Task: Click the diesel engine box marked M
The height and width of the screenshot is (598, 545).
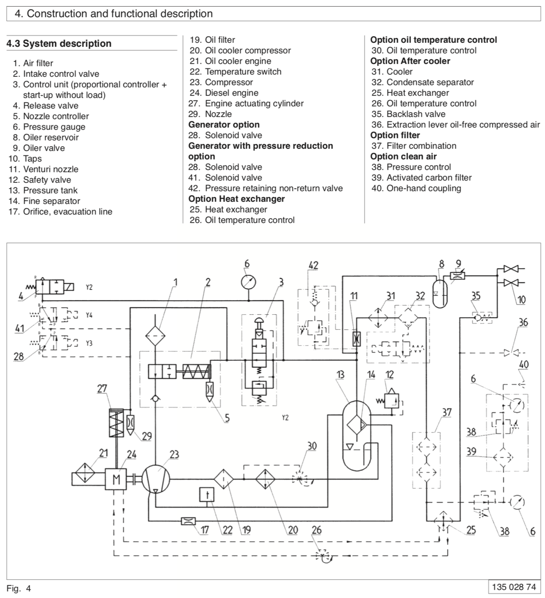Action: tap(116, 479)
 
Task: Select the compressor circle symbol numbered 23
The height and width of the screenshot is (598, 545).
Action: tap(156, 479)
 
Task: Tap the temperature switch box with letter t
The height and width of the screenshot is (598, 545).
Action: tap(207, 495)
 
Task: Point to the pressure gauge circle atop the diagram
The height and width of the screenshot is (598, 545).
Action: tap(249, 282)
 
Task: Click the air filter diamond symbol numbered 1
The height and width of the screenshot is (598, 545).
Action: tap(155, 336)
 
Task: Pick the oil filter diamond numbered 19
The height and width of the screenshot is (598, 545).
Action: tap(223, 479)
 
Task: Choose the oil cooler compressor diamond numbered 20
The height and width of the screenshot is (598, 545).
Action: tap(265, 479)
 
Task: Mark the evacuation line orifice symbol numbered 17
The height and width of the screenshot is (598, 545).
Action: tap(188, 521)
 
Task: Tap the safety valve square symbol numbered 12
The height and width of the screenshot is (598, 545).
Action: tap(391, 401)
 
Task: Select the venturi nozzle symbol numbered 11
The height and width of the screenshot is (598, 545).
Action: tap(357, 339)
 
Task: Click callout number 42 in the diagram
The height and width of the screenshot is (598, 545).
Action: tap(313, 265)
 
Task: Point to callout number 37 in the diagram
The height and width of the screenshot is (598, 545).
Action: tap(447, 412)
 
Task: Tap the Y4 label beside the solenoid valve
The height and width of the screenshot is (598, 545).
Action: tap(89, 315)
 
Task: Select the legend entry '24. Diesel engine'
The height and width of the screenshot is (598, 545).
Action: tap(224, 93)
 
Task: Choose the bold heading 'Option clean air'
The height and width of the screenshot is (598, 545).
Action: tap(403, 156)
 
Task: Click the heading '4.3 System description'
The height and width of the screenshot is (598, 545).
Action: tap(59, 44)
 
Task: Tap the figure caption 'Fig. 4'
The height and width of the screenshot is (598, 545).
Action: tap(19, 588)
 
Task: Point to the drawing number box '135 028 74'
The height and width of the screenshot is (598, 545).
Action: tap(514, 587)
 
